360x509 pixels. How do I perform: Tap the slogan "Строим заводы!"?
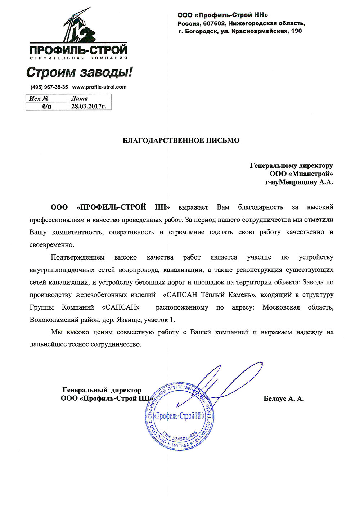tap(80, 72)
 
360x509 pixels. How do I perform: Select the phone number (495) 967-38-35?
tap(49, 87)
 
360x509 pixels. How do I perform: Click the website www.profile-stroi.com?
tap(99, 87)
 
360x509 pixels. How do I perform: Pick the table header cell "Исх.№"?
tap(39, 98)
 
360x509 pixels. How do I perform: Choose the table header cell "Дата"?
tap(79, 98)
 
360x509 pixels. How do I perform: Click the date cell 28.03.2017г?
tap(89, 106)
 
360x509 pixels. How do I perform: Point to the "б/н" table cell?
tap(46, 106)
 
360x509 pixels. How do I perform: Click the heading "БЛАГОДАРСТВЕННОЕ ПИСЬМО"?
tap(181, 140)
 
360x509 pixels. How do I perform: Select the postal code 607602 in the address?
tap(214, 23)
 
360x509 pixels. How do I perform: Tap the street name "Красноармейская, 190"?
tap(267, 31)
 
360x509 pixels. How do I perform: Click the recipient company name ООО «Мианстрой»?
tap(302, 174)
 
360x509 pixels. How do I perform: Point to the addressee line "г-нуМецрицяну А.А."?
tap(299, 182)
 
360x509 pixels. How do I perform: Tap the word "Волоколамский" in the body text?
tap(54, 320)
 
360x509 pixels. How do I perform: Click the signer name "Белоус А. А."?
tap(283, 398)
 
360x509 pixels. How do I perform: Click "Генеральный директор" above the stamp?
tap(102, 390)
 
